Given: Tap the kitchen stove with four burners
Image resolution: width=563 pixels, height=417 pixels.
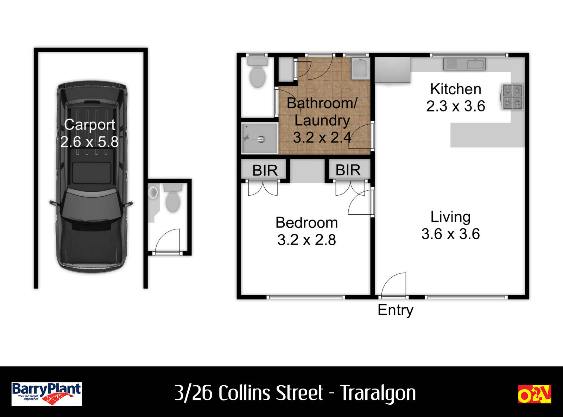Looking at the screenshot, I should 512,96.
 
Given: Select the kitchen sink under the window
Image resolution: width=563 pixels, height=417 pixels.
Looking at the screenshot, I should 464,64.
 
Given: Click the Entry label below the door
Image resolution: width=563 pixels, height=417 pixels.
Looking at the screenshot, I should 395,310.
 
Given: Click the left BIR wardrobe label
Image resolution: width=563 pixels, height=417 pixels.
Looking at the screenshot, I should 265,171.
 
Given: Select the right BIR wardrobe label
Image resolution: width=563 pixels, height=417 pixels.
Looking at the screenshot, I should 348,170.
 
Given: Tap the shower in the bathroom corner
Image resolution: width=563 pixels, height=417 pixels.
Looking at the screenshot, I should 259,138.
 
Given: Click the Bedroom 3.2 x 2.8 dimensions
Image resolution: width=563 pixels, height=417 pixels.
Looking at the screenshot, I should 306,240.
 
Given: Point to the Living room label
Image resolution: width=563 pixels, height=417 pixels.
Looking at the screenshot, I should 450,217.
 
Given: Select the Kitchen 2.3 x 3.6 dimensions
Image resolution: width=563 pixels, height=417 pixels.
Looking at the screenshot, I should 455,106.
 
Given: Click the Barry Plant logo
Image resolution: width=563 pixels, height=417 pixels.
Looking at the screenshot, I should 46,394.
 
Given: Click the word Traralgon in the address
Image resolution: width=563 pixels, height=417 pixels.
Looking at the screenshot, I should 378,393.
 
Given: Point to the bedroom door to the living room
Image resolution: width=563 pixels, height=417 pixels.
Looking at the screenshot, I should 360,203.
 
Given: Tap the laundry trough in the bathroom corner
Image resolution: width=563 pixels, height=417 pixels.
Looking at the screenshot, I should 360,68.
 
